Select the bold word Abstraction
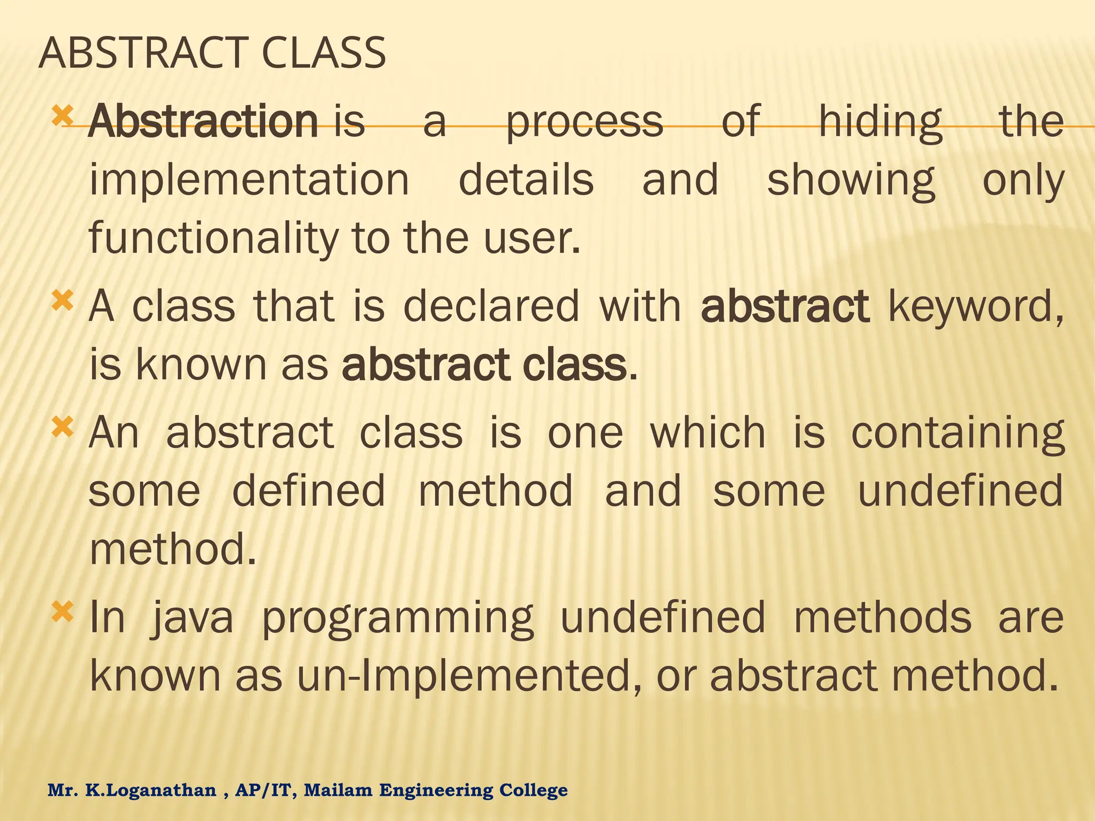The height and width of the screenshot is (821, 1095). [x=203, y=121]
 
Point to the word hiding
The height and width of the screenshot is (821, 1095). [x=881, y=121]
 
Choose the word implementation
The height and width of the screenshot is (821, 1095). [x=249, y=180]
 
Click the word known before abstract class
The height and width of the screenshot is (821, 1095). [x=201, y=365]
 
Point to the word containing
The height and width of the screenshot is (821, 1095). [x=957, y=433]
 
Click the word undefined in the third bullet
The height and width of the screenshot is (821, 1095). [x=960, y=491]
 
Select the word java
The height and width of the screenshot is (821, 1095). [x=192, y=617]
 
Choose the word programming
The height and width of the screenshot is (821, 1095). [x=398, y=617]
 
